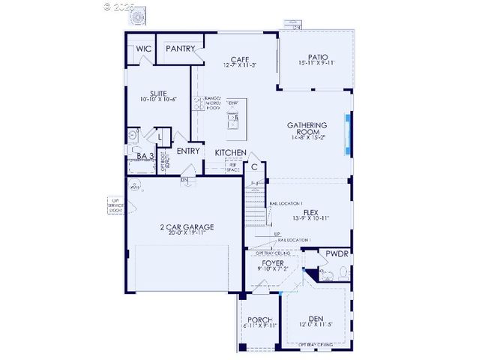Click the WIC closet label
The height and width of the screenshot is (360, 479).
click(x=144, y=49)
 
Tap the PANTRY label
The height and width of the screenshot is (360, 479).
click(x=181, y=49)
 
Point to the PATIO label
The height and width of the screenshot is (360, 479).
click(x=318, y=56)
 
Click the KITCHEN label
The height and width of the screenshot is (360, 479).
click(x=230, y=153)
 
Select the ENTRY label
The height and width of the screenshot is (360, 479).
click(x=188, y=151)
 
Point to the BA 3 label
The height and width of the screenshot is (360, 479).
click(x=145, y=156)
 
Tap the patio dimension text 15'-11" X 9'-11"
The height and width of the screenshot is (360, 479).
click(x=318, y=64)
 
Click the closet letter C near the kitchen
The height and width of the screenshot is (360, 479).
click(x=255, y=167)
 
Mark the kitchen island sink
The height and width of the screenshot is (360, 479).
click(x=233, y=117)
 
